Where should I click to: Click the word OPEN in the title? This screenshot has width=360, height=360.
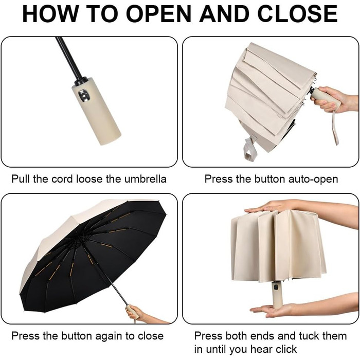[158, 14]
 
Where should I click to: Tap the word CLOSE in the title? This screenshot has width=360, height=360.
[298, 14]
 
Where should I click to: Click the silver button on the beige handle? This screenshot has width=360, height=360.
[84, 96]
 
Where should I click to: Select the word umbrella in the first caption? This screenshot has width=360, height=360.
[146, 179]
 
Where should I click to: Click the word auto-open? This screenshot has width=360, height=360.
[313, 179]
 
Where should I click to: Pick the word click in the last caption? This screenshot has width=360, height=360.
[286, 349]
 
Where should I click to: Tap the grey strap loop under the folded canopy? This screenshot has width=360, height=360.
[249, 149]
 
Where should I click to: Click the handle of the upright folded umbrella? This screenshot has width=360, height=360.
[277, 295]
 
